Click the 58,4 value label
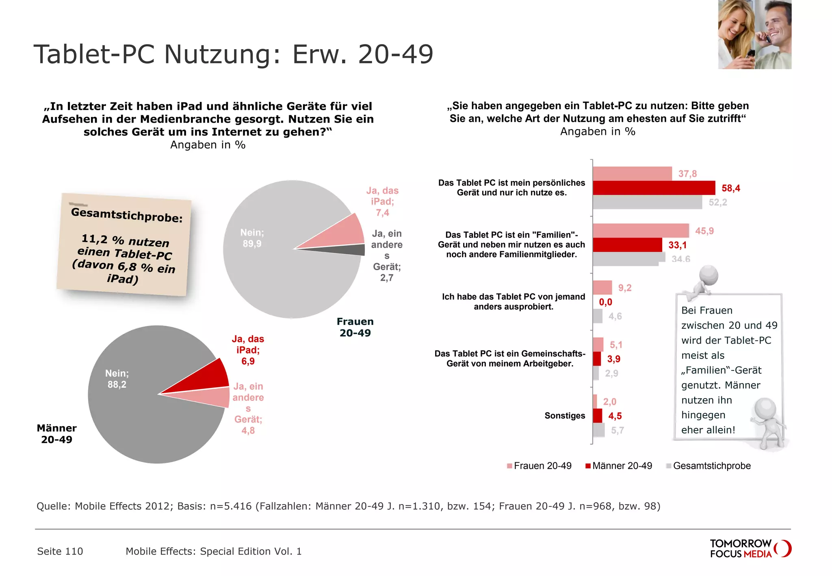coord(730,188)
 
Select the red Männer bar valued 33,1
coord(627,245)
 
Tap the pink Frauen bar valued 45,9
coord(640,231)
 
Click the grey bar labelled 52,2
coord(647,202)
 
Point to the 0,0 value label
coord(605,302)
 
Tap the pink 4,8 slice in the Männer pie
coord(209,397)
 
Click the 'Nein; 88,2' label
coord(117,379)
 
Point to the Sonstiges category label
coord(565,416)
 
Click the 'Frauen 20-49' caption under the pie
coord(355,327)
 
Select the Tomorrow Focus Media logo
coord(750,549)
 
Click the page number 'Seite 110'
coord(60,551)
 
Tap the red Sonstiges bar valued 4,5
coord(597,416)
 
